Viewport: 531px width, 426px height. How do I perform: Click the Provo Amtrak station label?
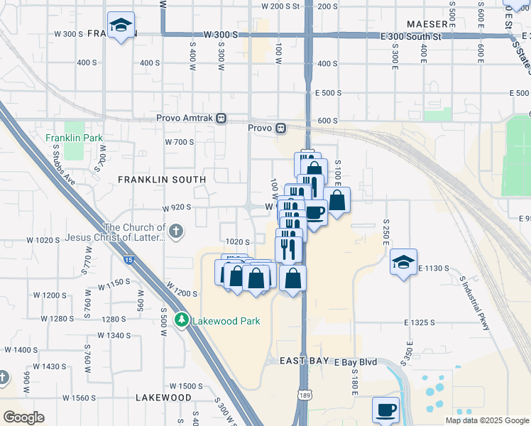(x=187, y=118)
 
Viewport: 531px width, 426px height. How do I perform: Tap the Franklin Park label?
(x=74, y=138)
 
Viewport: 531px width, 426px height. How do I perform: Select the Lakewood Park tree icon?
(x=182, y=321)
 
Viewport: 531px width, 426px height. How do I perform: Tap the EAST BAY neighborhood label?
(x=304, y=361)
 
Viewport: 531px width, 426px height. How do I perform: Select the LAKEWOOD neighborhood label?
(x=163, y=397)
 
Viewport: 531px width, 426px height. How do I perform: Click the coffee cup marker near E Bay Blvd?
(x=385, y=410)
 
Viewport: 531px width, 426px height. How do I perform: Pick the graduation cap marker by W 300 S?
(x=121, y=26)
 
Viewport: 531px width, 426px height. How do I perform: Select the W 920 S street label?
(x=178, y=208)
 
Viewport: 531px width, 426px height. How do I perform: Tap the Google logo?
(x=23, y=417)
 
